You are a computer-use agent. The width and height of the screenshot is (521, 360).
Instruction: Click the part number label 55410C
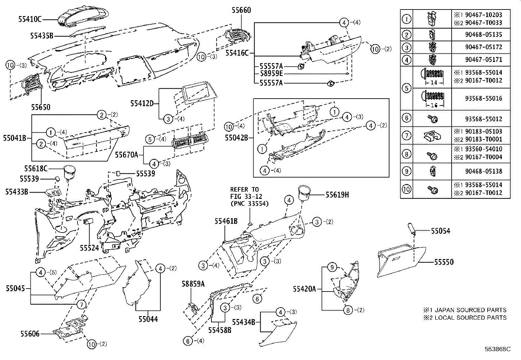[30, 19]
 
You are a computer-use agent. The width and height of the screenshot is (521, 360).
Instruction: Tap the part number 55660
[241, 10]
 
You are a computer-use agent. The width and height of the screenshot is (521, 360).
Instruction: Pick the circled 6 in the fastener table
[406, 118]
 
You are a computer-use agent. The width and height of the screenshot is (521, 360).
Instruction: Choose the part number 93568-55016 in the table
[483, 98]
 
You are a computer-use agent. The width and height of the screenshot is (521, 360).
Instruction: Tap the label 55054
[440, 231]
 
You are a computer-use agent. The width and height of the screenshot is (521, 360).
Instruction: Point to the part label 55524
[89, 248]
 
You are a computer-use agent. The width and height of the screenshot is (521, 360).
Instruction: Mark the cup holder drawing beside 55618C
[69, 172]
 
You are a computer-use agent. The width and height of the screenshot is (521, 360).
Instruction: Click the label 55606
[30, 334]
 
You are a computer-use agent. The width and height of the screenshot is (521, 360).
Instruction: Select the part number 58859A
[193, 284]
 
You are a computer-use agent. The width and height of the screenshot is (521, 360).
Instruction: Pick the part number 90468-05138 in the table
[483, 171]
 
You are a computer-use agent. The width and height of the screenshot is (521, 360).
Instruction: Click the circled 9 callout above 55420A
[332, 267]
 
